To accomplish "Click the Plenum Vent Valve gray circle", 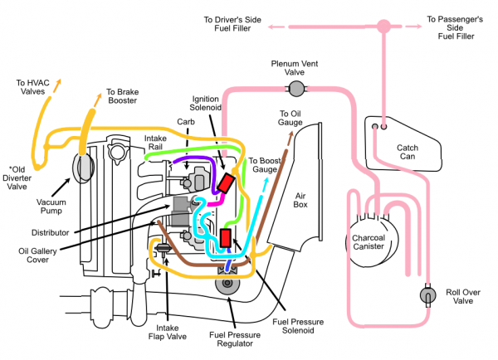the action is pos(296,89).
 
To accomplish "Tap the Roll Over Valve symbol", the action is pos(427,295).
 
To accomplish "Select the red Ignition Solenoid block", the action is pos(226,182).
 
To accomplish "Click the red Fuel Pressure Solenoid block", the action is pos(226,238).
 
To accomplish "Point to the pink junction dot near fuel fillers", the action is pos(383,27).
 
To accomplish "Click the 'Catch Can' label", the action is pos(408,152).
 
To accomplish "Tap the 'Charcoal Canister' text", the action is pos(369,242).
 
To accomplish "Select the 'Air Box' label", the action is pos(300,200).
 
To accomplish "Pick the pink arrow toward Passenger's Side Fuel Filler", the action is pos(413,27).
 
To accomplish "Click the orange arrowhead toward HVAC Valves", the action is pos(57,83).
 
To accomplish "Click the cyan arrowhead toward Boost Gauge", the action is pos(266,181).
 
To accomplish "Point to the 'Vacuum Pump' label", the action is pos(51,207).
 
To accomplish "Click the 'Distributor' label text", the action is pos(50,233).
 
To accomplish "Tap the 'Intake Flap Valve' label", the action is pos(168,332).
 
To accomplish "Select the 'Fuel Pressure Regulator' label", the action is pos(235,339).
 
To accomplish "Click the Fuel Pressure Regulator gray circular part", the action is pos(227,283).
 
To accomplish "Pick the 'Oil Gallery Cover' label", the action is pos(37,255).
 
